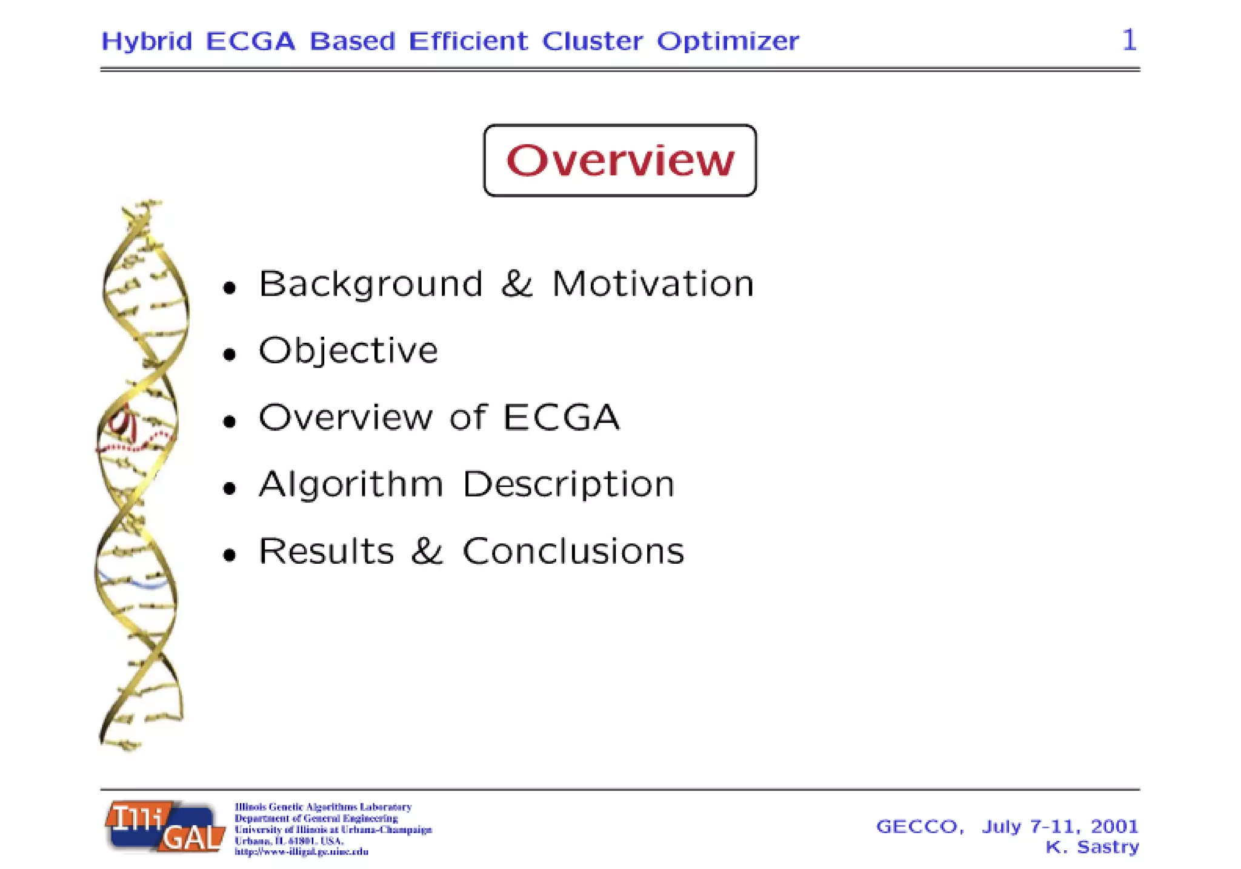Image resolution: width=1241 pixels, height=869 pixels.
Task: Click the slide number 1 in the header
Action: click(1129, 40)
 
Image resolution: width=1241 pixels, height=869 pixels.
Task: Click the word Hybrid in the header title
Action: click(147, 42)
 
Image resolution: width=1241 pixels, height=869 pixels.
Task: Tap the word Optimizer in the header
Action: click(728, 41)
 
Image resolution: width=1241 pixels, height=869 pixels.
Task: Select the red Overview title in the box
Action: click(620, 160)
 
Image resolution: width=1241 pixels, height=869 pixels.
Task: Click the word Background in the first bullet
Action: click(370, 283)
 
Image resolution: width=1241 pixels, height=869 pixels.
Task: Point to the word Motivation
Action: click(653, 283)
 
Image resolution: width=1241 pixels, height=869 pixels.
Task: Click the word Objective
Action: click(348, 351)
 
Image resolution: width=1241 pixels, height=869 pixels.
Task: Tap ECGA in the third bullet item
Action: click(561, 417)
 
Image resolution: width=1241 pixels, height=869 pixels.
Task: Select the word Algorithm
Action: click(351, 484)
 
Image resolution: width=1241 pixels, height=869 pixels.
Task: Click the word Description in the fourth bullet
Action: click(568, 484)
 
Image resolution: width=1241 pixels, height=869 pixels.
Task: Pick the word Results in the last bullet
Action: click(326, 551)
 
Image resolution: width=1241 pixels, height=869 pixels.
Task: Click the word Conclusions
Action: click(573, 551)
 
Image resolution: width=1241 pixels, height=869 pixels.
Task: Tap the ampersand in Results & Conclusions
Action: click(427, 551)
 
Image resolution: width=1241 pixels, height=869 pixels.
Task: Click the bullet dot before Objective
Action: click(229, 354)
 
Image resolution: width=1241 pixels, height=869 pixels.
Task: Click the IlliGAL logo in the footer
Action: click(165, 827)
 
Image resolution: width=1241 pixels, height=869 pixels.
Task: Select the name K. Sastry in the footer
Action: click(1092, 847)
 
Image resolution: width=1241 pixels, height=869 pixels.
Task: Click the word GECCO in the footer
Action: click(918, 827)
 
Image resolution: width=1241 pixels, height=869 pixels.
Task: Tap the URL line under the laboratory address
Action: click(301, 852)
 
